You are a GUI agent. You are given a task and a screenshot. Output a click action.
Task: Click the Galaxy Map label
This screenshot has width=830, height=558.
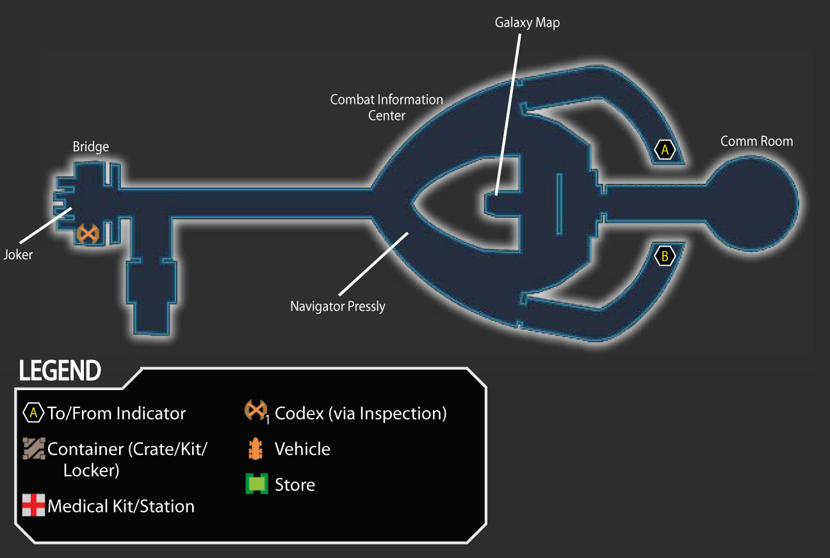pos(527,23)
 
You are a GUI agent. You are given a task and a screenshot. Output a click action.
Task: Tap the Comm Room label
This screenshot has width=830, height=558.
pos(756,141)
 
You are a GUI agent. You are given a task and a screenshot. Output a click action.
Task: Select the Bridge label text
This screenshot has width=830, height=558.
pos(91,147)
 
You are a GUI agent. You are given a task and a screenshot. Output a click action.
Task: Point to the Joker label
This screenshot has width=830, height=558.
pos(18,255)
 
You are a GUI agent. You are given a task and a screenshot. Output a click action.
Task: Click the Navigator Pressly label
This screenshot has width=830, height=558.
pos(338,306)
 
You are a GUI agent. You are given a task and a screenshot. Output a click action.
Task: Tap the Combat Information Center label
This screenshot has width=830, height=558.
pos(386,108)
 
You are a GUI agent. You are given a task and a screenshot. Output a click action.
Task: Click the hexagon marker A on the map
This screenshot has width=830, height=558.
pos(665,150)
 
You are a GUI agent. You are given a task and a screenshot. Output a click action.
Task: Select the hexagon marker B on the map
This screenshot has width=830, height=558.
pos(665,256)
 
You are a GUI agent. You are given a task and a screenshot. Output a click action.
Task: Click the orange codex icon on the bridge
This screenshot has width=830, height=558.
pos(88,234)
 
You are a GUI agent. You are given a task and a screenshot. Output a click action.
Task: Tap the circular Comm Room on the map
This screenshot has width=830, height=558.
pos(752,204)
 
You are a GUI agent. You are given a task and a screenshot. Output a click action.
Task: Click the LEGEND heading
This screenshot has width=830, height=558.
pos(60,370)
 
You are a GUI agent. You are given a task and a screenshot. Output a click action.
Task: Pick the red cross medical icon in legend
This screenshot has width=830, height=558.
pos(33,505)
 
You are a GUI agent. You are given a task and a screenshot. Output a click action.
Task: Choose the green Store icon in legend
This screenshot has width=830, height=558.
pos(256,484)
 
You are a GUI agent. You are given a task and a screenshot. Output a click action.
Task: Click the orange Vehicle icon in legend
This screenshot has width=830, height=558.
pos(256,448)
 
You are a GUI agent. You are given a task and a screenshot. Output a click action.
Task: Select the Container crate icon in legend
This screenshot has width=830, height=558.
pos(34,448)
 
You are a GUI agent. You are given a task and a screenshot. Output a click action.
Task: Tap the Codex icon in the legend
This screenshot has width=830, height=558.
pos(256,411)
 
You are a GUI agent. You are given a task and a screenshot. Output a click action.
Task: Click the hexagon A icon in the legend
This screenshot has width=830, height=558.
pos(33,413)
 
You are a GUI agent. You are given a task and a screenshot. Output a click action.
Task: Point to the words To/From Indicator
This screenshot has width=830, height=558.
pos(117,413)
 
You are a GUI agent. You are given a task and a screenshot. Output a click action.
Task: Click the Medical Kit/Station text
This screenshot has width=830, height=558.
pos(121,506)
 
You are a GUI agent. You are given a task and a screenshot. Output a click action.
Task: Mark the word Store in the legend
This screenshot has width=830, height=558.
pos(295,484)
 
